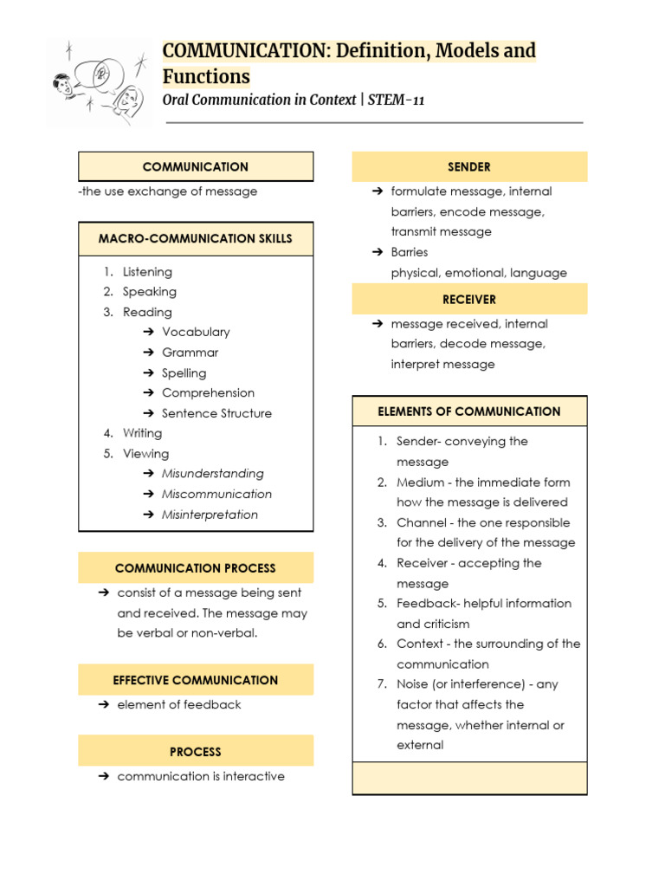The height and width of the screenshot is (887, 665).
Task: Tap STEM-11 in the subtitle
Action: (396, 100)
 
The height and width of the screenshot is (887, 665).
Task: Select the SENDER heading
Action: (469, 166)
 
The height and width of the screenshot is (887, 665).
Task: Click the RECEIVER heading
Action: (469, 299)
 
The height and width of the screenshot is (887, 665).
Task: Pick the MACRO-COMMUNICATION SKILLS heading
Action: (196, 238)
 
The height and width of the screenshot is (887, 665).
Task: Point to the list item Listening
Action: (147, 272)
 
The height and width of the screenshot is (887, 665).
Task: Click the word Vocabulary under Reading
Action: (196, 332)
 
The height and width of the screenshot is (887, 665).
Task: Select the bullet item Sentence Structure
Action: (216, 413)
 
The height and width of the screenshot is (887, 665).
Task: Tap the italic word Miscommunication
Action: (216, 494)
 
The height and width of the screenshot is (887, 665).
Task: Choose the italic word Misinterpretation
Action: (210, 515)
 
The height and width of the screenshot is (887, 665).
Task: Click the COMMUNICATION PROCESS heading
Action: (196, 568)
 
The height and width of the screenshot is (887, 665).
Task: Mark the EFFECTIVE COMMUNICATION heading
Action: (196, 680)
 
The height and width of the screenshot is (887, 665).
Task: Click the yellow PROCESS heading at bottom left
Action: (196, 752)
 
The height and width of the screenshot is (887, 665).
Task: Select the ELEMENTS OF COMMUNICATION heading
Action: (469, 411)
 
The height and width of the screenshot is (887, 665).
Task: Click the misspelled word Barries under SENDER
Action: (410, 252)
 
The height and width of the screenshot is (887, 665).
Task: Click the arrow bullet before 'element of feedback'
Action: (102, 704)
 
